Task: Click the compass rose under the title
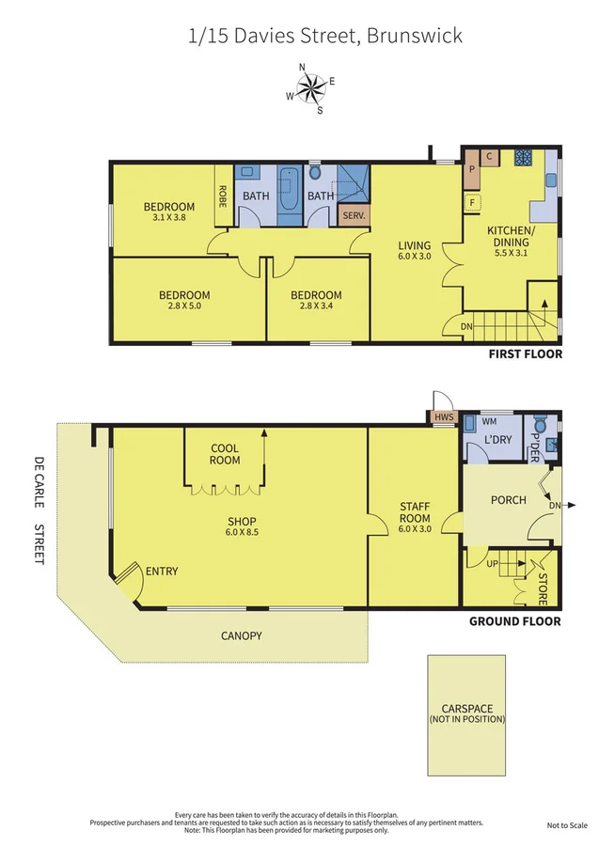click(x=310, y=87)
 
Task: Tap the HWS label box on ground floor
click(x=441, y=417)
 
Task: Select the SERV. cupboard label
click(x=354, y=215)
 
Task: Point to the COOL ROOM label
click(x=225, y=454)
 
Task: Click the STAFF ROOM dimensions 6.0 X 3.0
click(x=415, y=530)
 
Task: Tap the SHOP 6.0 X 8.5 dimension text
click(x=242, y=533)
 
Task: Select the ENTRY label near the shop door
click(x=161, y=571)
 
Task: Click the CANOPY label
click(x=242, y=635)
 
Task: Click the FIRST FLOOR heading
click(x=525, y=354)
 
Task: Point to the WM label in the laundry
click(x=488, y=423)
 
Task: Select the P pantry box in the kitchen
click(x=471, y=170)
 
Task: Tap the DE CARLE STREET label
click(x=39, y=509)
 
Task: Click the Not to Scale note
click(x=566, y=825)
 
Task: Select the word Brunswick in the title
click(x=416, y=37)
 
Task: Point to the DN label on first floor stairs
click(x=467, y=327)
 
